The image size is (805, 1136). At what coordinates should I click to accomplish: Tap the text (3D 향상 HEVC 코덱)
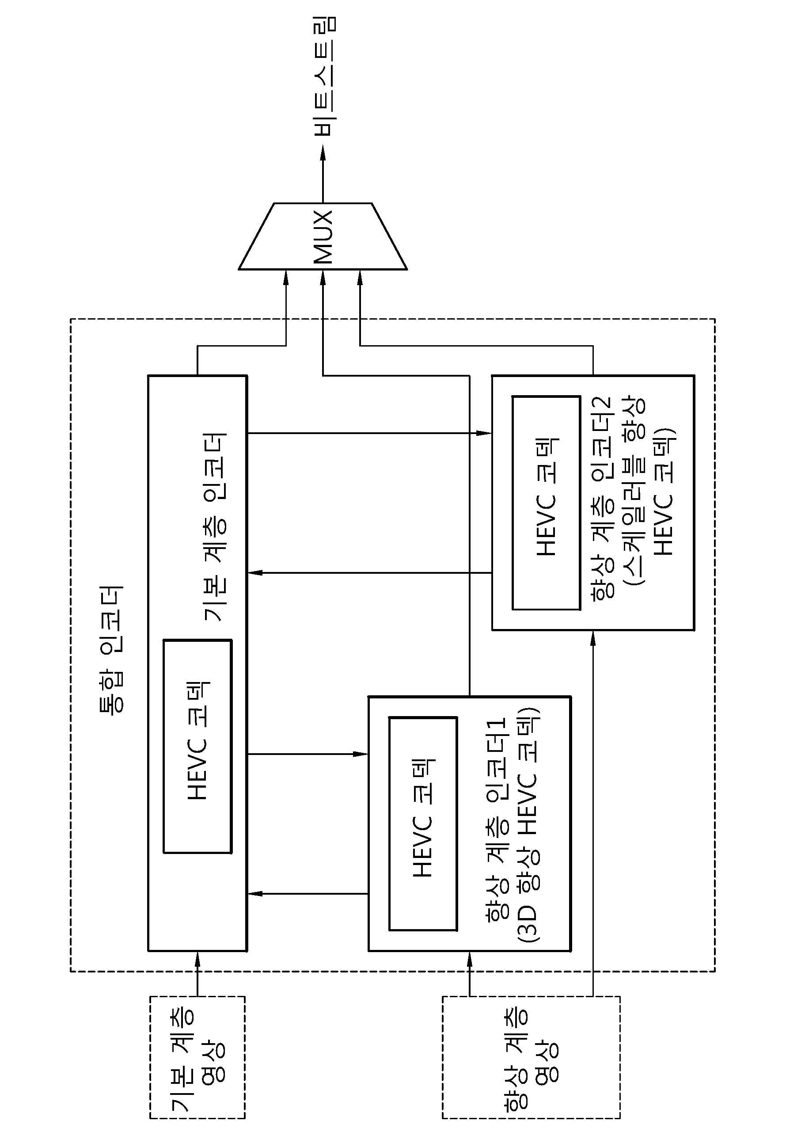coord(528,826)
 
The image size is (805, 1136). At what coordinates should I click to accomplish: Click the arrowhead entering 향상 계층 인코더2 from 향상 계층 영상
coord(593,639)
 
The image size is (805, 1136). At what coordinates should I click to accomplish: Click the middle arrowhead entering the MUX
coord(323,278)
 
